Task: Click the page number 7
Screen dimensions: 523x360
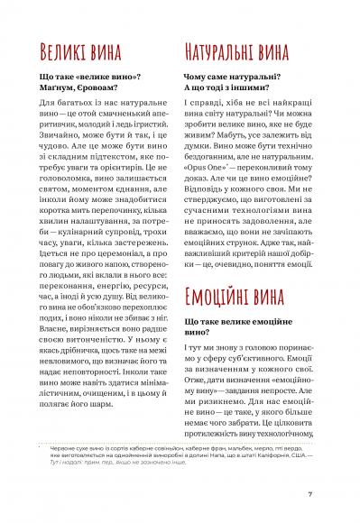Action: point(309,493)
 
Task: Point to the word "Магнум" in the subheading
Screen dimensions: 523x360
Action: point(63,88)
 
